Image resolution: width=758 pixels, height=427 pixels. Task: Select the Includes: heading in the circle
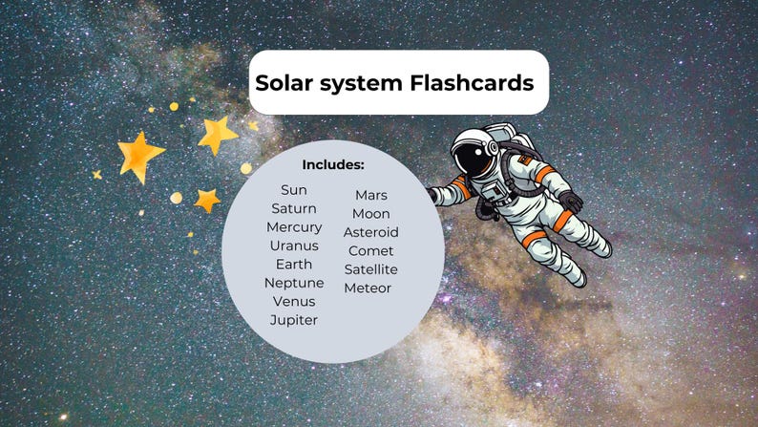pos(333,164)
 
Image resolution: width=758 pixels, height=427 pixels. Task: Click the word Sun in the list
pos(294,190)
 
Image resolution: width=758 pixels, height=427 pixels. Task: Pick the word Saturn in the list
pos(294,208)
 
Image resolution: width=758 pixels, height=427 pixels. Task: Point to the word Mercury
pos(294,227)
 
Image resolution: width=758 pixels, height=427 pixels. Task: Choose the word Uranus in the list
pos(294,246)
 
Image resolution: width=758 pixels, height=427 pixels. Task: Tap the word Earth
pos(294,265)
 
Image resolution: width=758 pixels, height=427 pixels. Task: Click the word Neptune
pos(294,283)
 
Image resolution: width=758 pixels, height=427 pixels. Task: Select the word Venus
pos(294,302)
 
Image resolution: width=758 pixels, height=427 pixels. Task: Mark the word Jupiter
pos(294,320)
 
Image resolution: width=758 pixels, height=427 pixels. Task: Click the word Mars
pos(371,195)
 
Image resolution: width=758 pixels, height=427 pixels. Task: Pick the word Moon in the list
pos(371,214)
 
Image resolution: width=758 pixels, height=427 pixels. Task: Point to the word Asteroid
pos(371,232)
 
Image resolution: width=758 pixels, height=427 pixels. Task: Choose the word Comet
pos(371,251)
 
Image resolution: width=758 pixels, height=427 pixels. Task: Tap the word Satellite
pos(371,269)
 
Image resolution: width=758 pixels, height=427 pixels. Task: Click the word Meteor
pos(368,288)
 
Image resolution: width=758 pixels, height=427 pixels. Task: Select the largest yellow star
pos(140,155)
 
